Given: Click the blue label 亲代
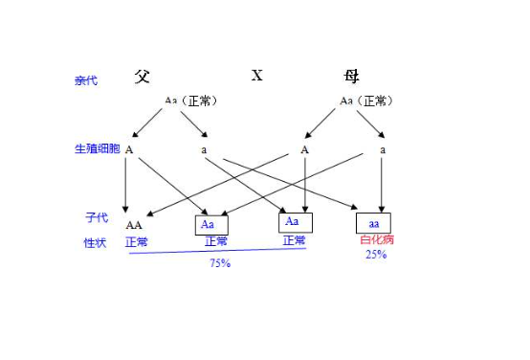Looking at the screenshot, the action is point(86,80).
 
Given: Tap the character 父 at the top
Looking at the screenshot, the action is point(143,76).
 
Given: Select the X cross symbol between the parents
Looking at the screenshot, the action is point(256,76).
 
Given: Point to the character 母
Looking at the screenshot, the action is point(352,76).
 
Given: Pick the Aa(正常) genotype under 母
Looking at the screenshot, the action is point(367,100).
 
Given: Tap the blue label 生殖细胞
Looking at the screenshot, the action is point(98,149).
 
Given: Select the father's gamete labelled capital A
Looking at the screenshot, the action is point(128,149).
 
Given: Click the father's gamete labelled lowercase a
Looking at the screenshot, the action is point(204,149).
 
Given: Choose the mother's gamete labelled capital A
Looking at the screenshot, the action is point(304,149).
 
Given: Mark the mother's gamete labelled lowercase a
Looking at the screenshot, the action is point(383,149).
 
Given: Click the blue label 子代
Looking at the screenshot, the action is point(96,218).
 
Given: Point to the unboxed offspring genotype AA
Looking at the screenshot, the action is point(134,225).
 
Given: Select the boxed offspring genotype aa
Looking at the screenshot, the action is point(375,224).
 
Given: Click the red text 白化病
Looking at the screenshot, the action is point(376,240).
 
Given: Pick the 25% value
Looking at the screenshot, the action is point(376,255).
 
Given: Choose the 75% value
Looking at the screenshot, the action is point(219,262).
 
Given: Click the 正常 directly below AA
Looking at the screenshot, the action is point(137,241).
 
